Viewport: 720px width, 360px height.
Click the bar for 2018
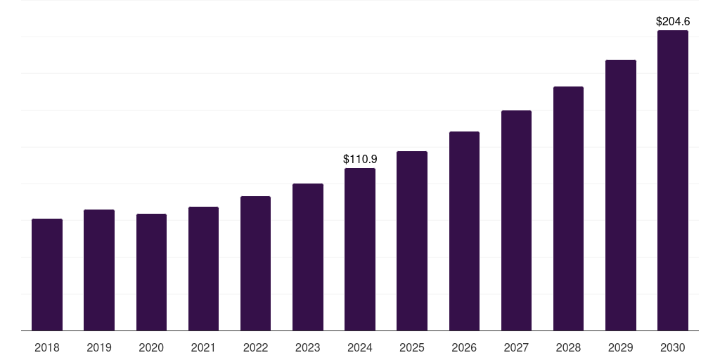tap(47, 274)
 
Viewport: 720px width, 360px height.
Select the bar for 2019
tap(99, 270)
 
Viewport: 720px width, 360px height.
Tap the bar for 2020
tap(151, 272)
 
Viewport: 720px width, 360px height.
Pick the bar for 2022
tap(255, 263)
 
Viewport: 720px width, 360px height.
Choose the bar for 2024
tap(360, 249)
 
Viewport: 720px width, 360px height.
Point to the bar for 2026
tap(464, 231)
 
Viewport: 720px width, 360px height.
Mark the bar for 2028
tap(568, 208)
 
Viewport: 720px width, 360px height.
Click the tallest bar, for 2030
tap(673, 180)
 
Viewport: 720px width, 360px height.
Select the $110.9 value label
tap(360, 160)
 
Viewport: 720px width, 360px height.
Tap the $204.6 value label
tap(673, 22)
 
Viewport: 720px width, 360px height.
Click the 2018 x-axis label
tap(47, 348)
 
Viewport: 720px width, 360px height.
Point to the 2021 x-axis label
tap(203, 348)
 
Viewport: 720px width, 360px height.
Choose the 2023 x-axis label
tap(308, 348)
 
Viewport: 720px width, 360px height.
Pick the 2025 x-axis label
tap(412, 348)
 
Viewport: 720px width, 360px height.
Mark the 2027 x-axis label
tap(516, 348)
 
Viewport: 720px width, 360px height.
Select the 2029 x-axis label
tap(621, 348)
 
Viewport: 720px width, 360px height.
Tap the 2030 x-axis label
tap(673, 348)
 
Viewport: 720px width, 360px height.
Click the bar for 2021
tap(203, 269)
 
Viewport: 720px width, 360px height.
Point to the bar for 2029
tap(621, 195)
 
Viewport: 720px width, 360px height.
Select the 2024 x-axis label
tap(360, 348)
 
